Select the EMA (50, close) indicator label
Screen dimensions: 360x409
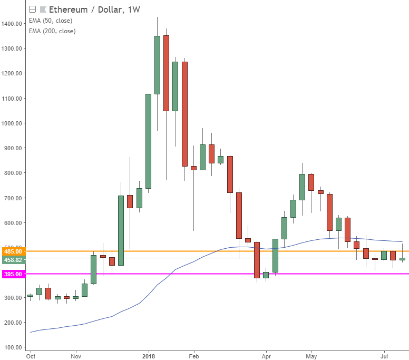pyautogui.click(x=52, y=21)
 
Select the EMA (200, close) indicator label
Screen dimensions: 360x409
pyautogui.click(x=53, y=31)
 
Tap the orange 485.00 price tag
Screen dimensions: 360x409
pyautogui.click(x=12, y=252)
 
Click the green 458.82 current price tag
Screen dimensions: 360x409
pyautogui.click(x=12, y=260)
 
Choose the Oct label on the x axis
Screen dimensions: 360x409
pyautogui.click(x=31, y=356)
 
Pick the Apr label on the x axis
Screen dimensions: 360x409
pyautogui.click(x=266, y=356)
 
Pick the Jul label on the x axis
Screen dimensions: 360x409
pyautogui.click(x=384, y=356)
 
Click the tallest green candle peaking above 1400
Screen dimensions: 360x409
pyautogui.click(x=157, y=65)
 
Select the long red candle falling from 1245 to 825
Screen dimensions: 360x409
pyautogui.click(x=184, y=114)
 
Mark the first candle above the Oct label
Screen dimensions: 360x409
pyautogui.click(x=30, y=296)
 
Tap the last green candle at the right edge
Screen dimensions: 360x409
pyautogui.click(x=402, y=259)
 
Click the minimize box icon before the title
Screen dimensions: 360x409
pyautogui.click(x=33, y=9)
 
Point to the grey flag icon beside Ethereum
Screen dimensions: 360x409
pyautogui.click(x=43, y=9)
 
